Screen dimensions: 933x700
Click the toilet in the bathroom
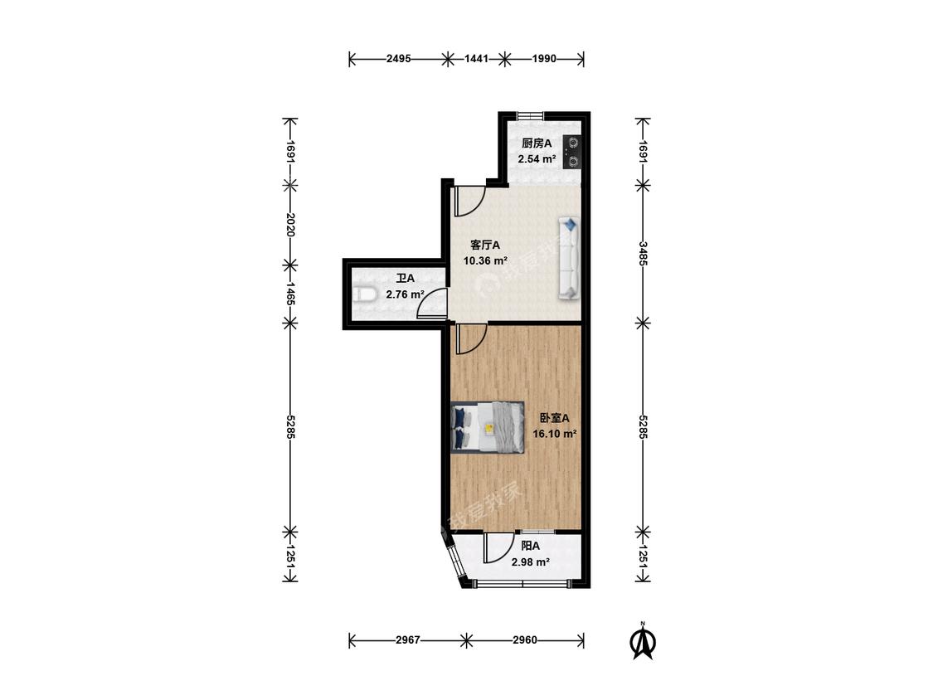[363, 294]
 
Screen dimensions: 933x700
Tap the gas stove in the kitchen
[571, 152]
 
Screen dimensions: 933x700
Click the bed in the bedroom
[488, 427]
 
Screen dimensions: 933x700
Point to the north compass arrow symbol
[643, 641]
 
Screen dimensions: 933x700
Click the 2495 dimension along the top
[398, 58]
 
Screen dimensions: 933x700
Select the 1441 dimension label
[476, 58]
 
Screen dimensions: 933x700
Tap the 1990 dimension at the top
[544, 58]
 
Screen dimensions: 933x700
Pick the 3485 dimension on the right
[644, 254]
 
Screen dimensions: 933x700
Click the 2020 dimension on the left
[289, 225]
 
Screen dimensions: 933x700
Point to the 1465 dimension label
[289, 294]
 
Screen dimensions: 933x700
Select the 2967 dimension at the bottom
[407, 640]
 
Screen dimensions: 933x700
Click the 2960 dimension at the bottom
[525, 640]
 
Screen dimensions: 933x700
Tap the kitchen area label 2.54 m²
[537, 159]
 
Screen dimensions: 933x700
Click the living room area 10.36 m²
[485, 260]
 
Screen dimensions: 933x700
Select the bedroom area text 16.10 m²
[555, 433]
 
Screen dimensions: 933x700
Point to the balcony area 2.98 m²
[530, 561]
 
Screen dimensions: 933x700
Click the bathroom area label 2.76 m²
[405, 294]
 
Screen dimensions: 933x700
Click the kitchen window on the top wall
[529, 115]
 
